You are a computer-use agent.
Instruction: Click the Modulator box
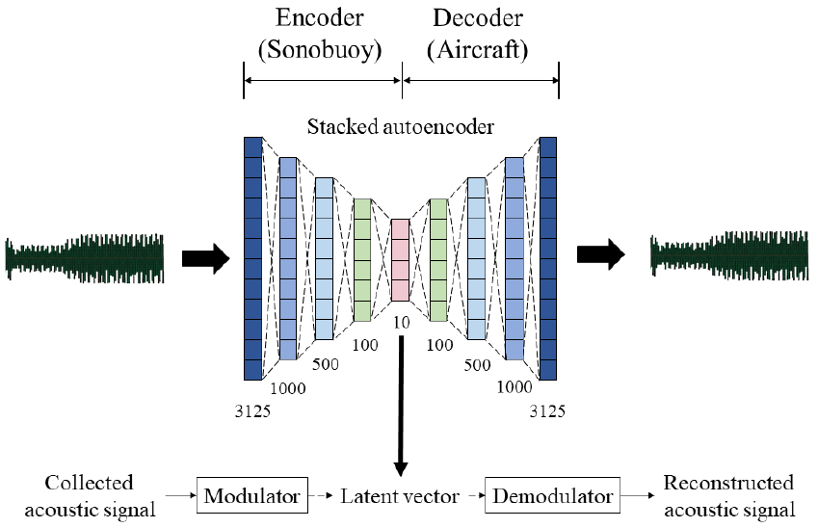(x=252, y=496)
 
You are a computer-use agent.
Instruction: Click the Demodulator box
(x=551, y=496)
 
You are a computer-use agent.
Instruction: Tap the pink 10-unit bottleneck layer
(x=400, y=260)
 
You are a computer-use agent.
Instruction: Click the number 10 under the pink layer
(x=401, y=323)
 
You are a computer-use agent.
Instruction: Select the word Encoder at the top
(x=322, y=18)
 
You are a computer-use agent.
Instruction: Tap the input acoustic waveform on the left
(x=85, y=257)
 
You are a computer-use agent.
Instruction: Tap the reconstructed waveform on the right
(x=729, y=254)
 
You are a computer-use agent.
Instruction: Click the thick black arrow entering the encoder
(x=206, y=257)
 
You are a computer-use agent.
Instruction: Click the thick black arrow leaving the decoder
(x=600, y=254)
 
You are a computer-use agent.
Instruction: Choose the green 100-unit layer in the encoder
(x=362, y=260)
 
